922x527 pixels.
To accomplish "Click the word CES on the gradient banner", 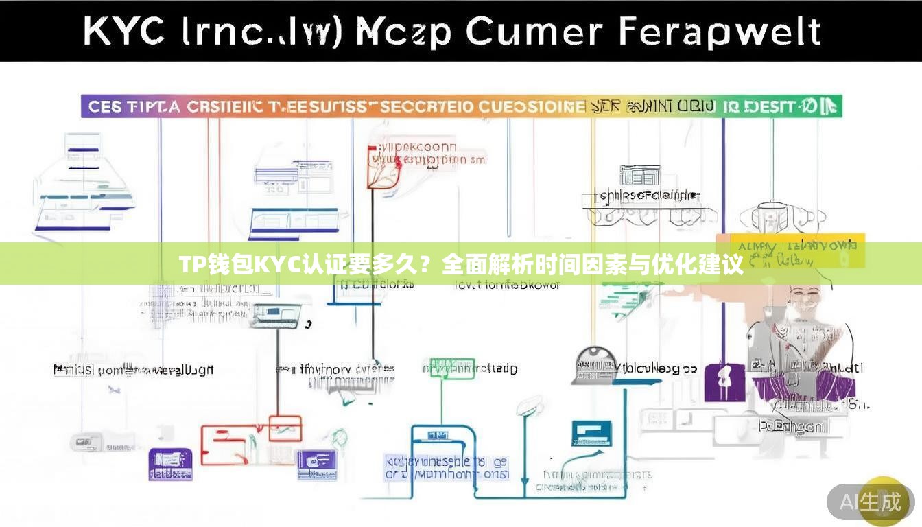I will click(x=105, y=107).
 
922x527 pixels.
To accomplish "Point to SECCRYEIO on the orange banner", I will click(x=427, y=107).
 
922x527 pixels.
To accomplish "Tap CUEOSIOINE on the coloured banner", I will click(x=532, y=107).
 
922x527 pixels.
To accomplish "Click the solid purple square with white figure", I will click(x=724, y=382).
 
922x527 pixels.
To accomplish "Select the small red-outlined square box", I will click(x=285, y=427).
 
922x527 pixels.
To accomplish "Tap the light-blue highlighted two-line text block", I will click(x=446, y=467).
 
